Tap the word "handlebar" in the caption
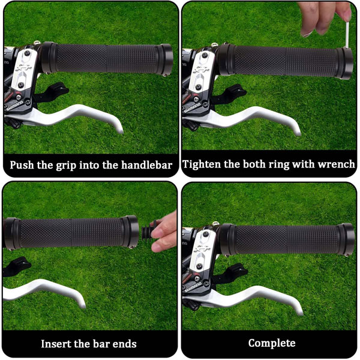click(x=147, y=165)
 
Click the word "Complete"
click(x=272, y=343)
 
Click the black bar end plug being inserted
click(x=148, y=231)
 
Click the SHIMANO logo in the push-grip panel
click(x=14, y=106)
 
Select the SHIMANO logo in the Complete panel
click(x=193, y=287)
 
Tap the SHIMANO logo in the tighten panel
click(x=192, y=108)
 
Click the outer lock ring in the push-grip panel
click(x=166, y=59)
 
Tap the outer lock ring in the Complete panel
click(x=346, y=239)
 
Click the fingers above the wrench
click(x=326, y=17)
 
